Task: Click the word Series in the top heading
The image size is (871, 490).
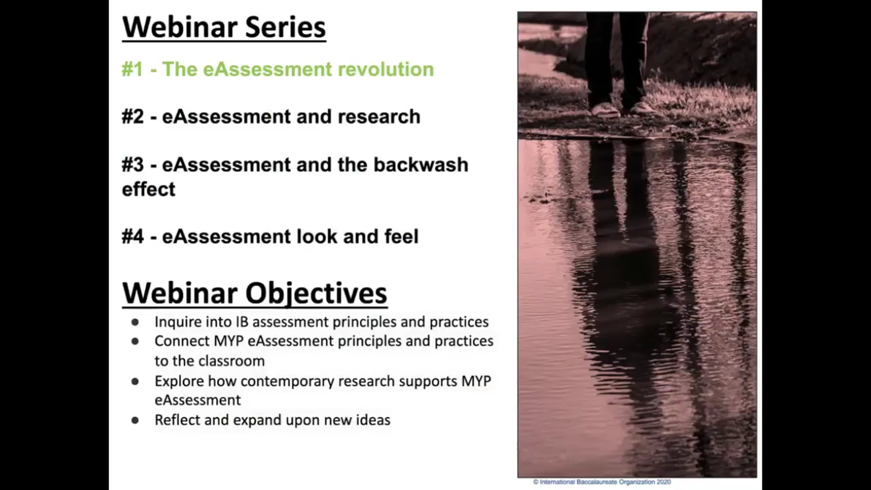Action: (285, 27)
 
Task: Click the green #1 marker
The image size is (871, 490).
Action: (133, 69)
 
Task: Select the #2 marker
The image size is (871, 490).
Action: (133, 117)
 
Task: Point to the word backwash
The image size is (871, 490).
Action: (421, 164)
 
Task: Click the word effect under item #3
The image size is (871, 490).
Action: (148, 189)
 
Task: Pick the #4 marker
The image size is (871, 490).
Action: (133, 236)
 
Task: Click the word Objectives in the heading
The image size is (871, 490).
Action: (316, 293)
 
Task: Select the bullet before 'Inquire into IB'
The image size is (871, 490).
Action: (135, 322)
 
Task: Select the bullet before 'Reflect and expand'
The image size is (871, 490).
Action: (135, 420)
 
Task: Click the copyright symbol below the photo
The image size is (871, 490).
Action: (536, 482)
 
